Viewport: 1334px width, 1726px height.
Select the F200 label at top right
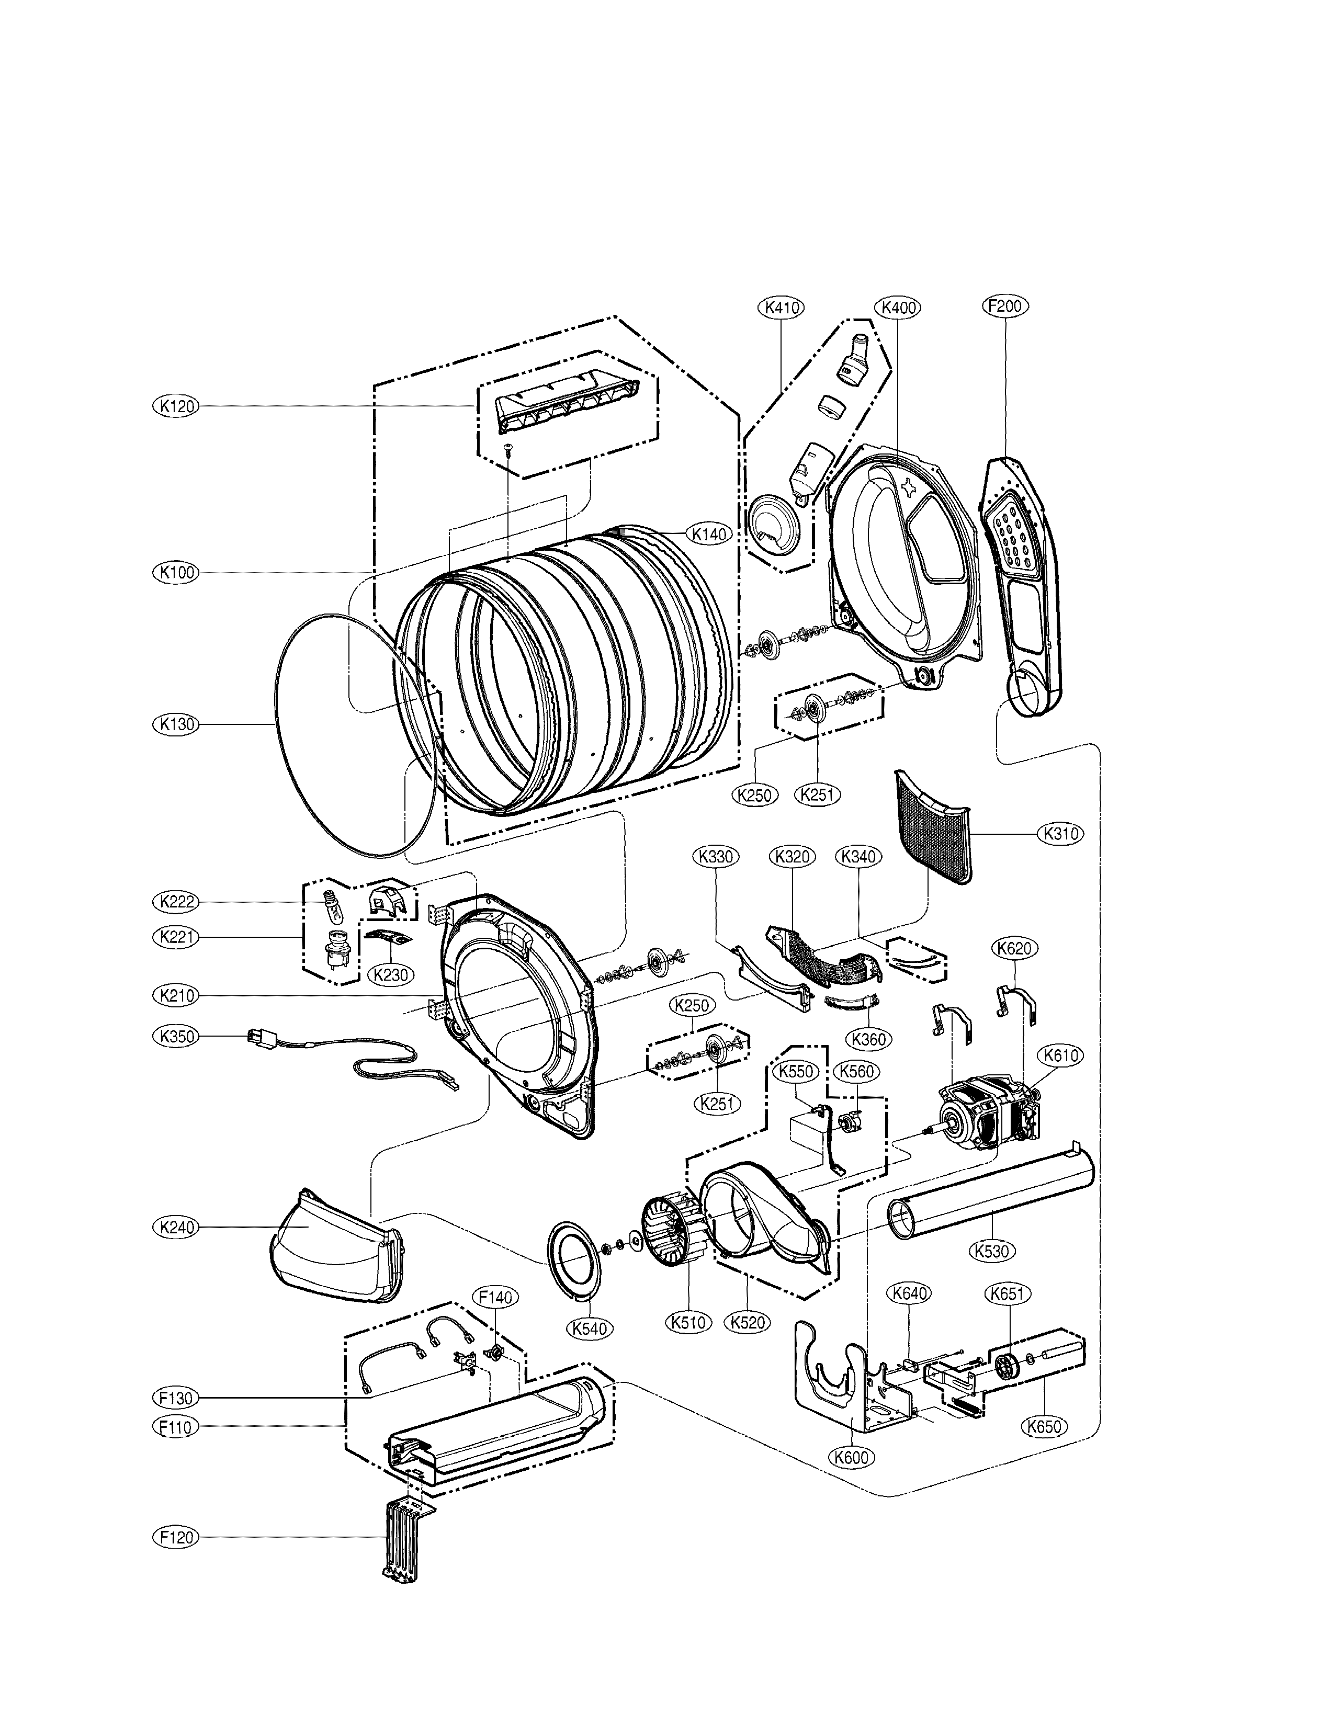click(x=1005, y=306)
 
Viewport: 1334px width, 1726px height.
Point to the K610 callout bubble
click(x=1061, y=1055)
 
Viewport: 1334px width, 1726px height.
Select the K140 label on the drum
click(x=709, y=534)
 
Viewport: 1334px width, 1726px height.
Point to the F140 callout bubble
click(x=495, y=1297)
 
